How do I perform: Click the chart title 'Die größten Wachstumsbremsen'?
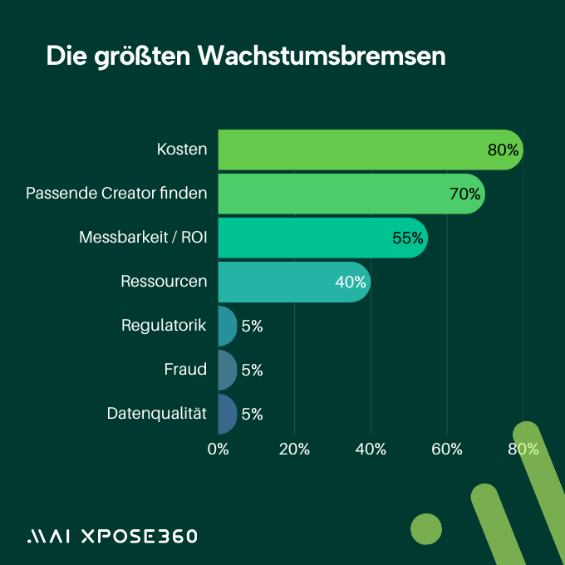[x=245, y=56]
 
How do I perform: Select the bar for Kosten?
[x=349, y=150]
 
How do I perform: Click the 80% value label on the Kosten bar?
[x=503, y=150]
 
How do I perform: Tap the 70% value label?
[x=464, y=194]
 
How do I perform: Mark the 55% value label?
[x=407, y=238]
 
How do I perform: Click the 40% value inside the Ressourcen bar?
[x=350, y=282]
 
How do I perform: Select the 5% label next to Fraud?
[x=252, y=371]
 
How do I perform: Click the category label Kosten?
[x=182, y=150]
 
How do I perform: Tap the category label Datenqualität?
[x=156, y=413]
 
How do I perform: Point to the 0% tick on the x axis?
[x=218, y=450]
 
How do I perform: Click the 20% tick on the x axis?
[x=294, y=450]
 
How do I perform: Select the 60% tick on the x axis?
[x=447, y=450]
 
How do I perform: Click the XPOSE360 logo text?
[x=138, y=536]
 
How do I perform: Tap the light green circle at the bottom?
[x=426, y=528]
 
